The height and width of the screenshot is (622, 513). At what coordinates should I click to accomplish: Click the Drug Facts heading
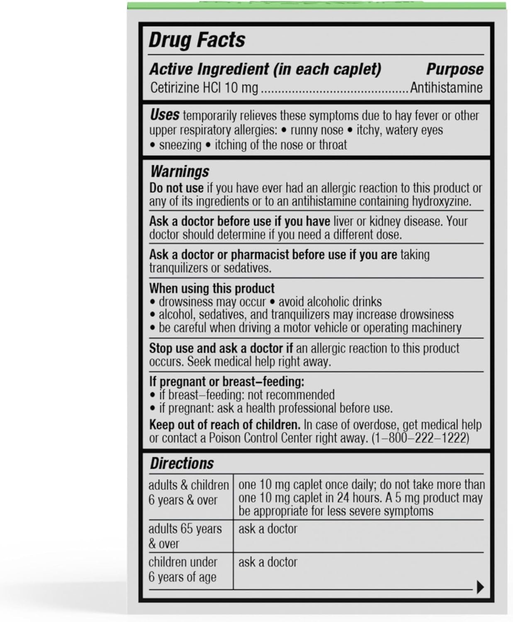tap(197, 40)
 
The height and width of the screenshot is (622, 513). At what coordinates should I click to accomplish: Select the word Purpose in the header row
tap(455, 69)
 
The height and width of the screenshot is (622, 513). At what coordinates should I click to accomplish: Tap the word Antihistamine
tap(446, 87)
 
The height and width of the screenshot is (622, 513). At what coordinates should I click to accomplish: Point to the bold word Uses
tap(165, 115)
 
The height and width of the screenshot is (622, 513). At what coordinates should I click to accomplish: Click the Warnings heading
tap(180, 171)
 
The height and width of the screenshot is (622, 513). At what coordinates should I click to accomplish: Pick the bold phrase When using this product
tap(212, 288)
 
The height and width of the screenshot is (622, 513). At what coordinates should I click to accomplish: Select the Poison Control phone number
tap(420, 438)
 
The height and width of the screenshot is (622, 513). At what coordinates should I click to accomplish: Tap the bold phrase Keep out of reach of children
tap(224, 425)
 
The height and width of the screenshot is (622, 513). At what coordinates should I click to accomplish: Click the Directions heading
tap(182, 463)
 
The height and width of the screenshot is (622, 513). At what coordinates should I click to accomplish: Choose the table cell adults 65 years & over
tap(185, 536)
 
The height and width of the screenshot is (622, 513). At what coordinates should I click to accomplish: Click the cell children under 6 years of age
tap(183, 569)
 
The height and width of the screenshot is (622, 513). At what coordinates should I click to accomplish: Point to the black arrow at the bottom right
tap(480, 587)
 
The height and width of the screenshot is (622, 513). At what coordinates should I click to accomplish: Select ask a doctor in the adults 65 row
tap(268, 529)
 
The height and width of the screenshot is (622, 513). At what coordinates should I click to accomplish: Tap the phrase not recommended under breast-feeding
tap(291, 394)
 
